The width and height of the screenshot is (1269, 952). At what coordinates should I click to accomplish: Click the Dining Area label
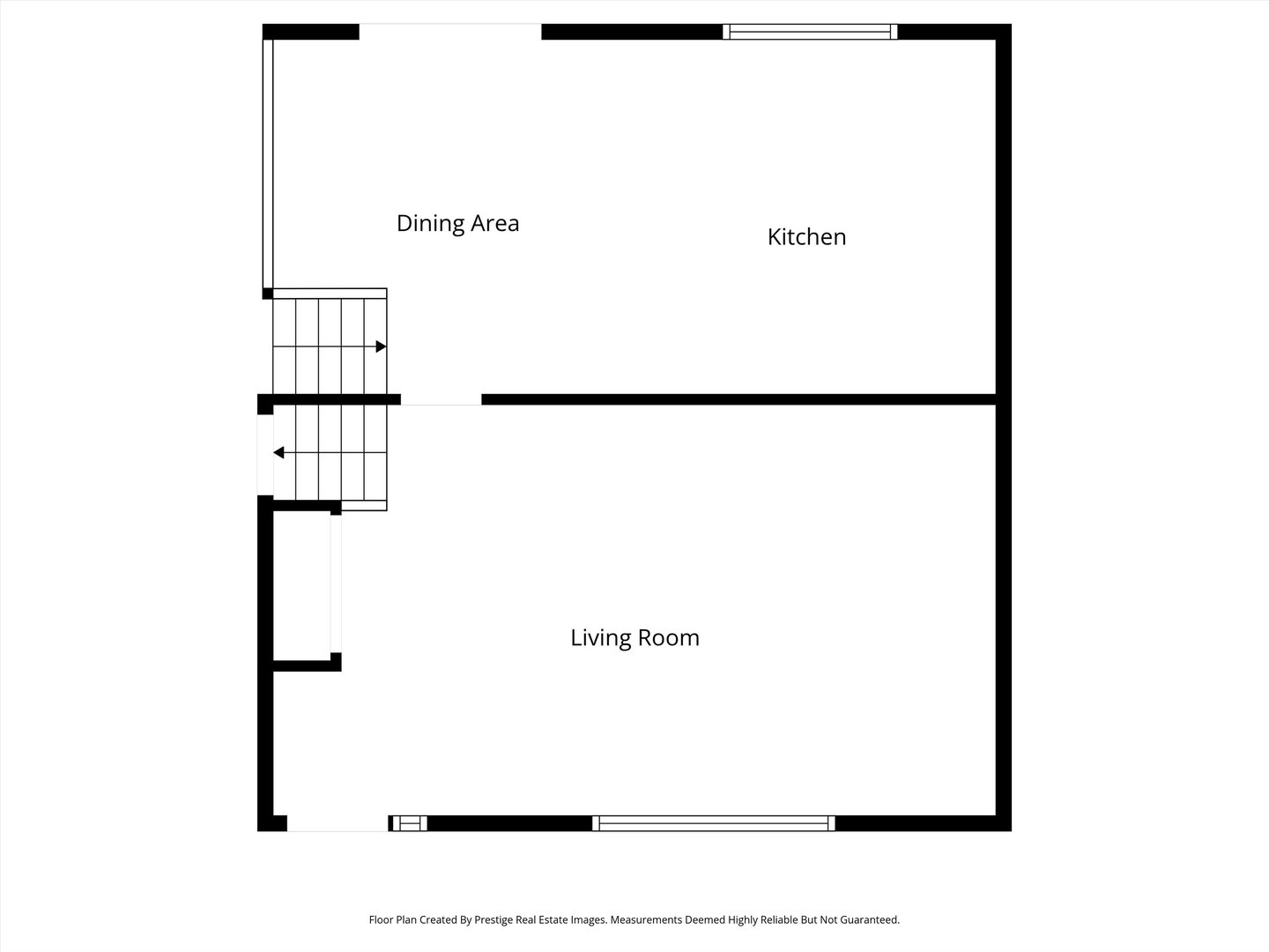pyautogui.click(x=458, y=224)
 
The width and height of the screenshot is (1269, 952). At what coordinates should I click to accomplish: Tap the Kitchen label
pyautogui.click(x=806, y=237)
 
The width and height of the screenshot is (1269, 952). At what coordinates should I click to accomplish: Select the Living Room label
pyautogui.click(x=634, y=638)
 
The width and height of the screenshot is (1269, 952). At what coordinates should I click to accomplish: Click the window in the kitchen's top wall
pyautogui.click(x=810, y=32)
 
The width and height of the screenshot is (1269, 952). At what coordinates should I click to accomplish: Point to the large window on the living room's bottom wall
pyautogui.click(x=714, y=823)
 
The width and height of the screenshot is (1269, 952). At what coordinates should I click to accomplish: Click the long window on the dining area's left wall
pyautogui.click(x=268, y=164)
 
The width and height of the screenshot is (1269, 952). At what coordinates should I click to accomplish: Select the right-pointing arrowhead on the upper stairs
pyautogui.click(x=381, y=346)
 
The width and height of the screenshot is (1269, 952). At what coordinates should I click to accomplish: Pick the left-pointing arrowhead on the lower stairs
pyautogui.click(x=278, y=452)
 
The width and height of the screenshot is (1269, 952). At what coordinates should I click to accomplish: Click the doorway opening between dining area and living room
pyautogui.click(x=442, y=399)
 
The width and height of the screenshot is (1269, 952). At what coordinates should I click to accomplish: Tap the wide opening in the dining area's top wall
pyautogui.click(x=450, y=32)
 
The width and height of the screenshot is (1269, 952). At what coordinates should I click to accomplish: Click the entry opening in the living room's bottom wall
pyautogui.click(x=338, y=823)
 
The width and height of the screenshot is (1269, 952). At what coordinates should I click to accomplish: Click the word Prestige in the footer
pyautogui.click(x=493, y=919)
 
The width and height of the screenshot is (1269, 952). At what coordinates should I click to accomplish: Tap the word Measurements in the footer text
pyautogui.click(x=646, y=919)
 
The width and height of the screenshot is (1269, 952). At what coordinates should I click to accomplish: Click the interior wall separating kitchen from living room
pyautogui.click(x=738, y=399)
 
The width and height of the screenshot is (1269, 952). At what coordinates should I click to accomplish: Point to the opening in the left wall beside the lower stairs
pyautogui.click(x=265, y=455)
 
